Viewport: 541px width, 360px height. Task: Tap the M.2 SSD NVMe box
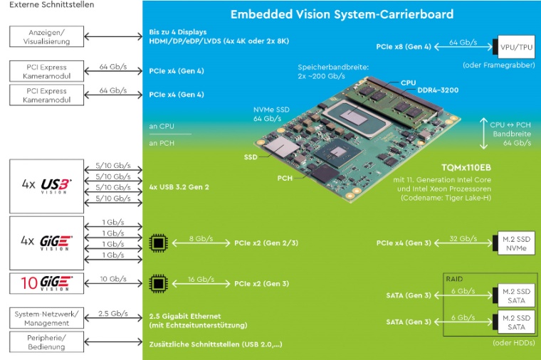(513, 243)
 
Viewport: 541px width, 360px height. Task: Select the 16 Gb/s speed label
(195, 279)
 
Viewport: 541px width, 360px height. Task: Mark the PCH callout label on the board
(285, 178)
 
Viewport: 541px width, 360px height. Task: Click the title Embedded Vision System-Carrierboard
(342, 14)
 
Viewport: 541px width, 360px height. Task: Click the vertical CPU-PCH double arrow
(484, 132)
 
